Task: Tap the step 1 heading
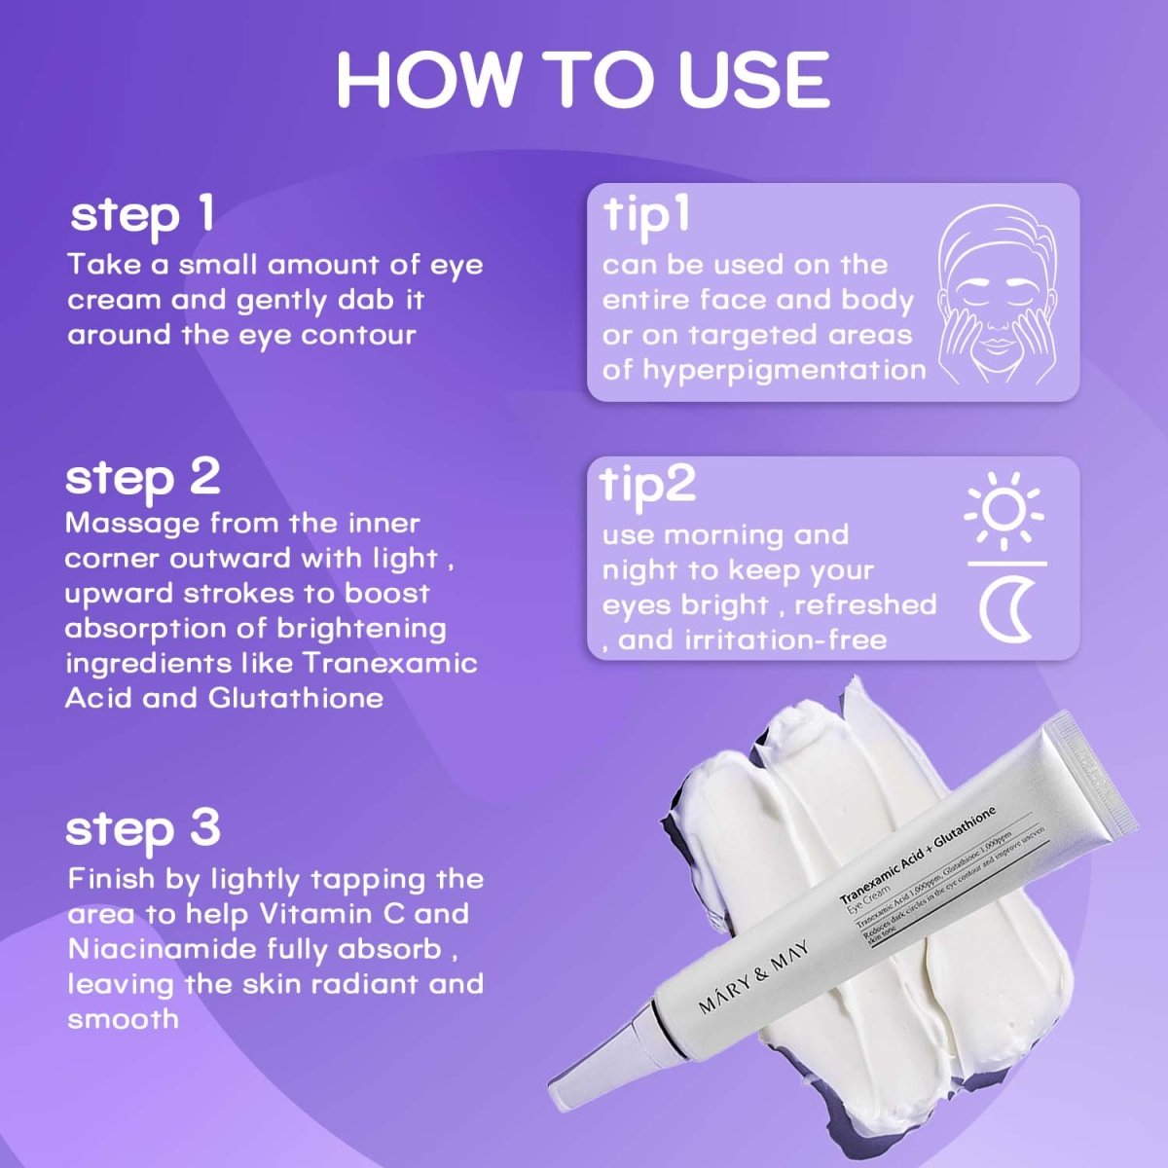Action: pyautogui.click(x=142, y=214)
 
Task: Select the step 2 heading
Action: pyautogui.click(x=143, y=477)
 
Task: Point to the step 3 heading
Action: pyautogui.click(x=143, y=829)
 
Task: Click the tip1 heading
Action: pyautogui.click(x=646, y=214)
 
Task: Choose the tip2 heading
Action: pyautogui.click(x=648, y=484)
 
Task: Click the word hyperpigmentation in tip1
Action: pyautogui.click(x=785, y=370)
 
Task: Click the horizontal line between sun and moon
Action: pyautogui.click(x=1006, y=564)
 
